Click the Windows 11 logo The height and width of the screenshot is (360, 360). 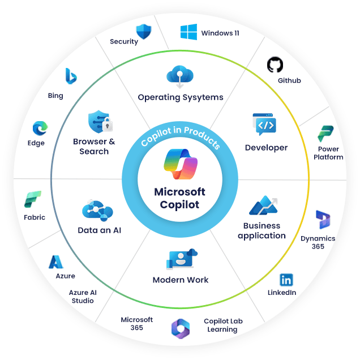[x=188, y=32]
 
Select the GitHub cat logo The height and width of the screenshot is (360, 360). [x=275, y=65]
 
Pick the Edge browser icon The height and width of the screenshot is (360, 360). [x=40, y=128]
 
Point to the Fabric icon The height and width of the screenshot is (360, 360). [x=32, y=200]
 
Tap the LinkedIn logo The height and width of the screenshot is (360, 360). [x=286, y=280]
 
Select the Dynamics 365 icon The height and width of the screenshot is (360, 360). [x=323, y=219]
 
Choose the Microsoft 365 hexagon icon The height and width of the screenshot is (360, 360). [x=180, y=328]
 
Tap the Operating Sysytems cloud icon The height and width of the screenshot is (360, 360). [x=180, y=75]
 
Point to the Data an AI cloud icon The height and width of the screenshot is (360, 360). [x=97, y=209]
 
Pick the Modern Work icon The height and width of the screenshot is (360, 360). [x=181, y=259]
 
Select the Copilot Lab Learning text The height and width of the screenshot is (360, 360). [x=223, y=325]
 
